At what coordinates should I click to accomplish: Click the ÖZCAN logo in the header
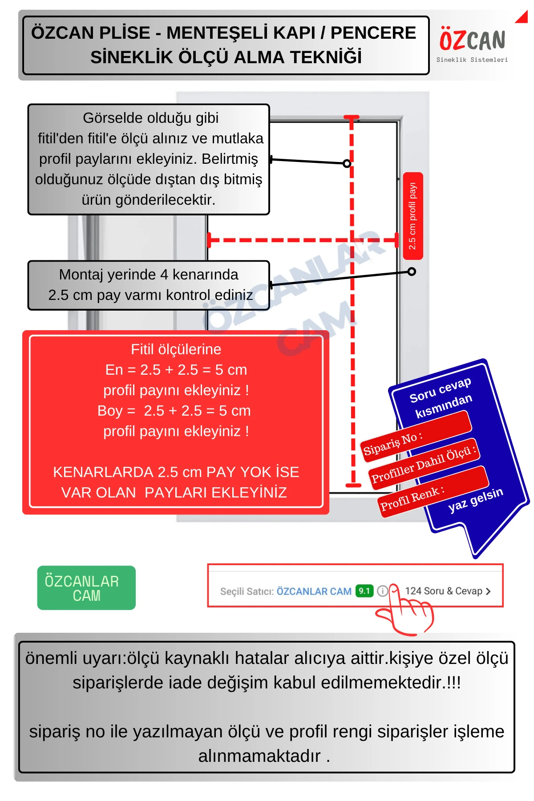pos(472,41)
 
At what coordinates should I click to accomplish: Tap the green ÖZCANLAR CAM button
pos(86,588)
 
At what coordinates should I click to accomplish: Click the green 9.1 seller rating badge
pos(364,591)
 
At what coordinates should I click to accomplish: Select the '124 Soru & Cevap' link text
pos(444,591)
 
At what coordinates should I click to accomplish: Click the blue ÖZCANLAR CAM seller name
pos(314,591)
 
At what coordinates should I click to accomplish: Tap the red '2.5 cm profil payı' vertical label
pos(413,216)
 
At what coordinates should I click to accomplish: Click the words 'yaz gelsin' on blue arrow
pos(475,499)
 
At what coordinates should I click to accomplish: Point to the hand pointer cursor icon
pos(405,612)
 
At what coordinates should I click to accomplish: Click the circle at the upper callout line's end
pos(347,163)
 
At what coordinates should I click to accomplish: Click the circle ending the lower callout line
pos(412,271)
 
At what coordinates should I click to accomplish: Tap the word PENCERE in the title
pos(373,33)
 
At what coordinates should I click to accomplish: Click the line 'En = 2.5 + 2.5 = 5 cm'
pos(176,370)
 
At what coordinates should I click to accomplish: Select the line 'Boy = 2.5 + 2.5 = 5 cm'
pos(174,411)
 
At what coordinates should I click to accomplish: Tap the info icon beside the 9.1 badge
pos(382,591)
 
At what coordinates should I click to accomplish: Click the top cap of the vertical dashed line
pos(352,117)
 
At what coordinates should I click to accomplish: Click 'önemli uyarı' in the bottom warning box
pos(73,658)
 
